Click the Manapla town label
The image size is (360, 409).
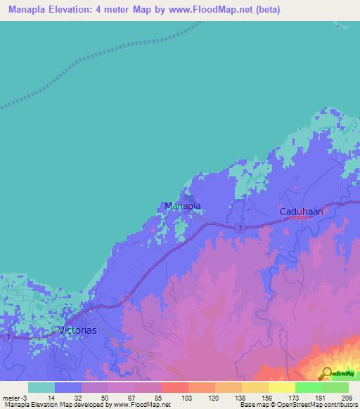pos(183,206)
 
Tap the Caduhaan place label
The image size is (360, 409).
pos(300,210)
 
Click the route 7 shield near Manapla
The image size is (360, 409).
pos(240,228)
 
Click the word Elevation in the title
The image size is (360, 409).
pos(76,10)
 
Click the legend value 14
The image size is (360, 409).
pos(51,398)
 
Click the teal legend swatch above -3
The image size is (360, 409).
pos(41,387)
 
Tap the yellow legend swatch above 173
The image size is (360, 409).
pos(281,387)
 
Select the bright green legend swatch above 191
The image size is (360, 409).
pos(309,387)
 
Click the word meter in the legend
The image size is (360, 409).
pos(12,398)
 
